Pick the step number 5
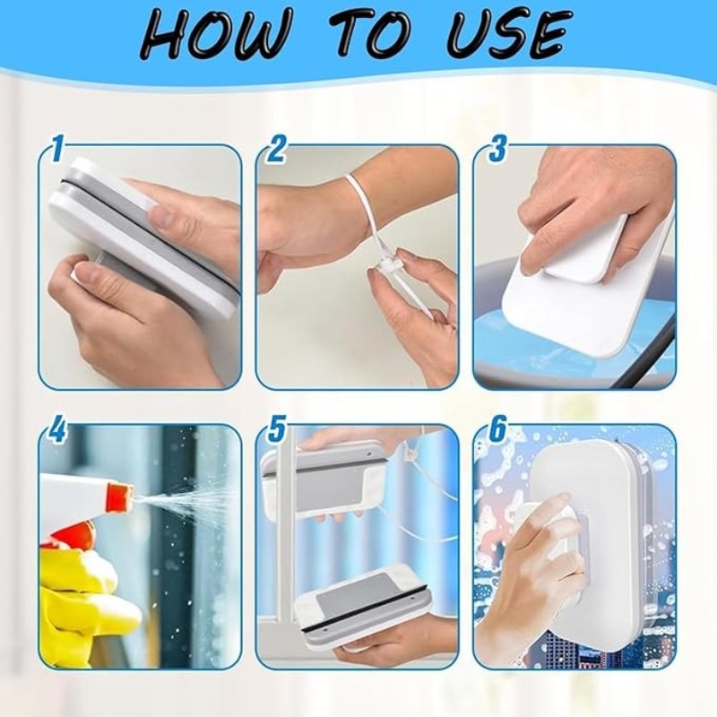pyautogui.click(x=276, y=430)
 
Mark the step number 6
pyautogui.click(x=497, y=430)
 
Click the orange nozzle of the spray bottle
pyautogui.click(x=120, y=498)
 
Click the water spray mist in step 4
pyautogui.click(x=183, y=505)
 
